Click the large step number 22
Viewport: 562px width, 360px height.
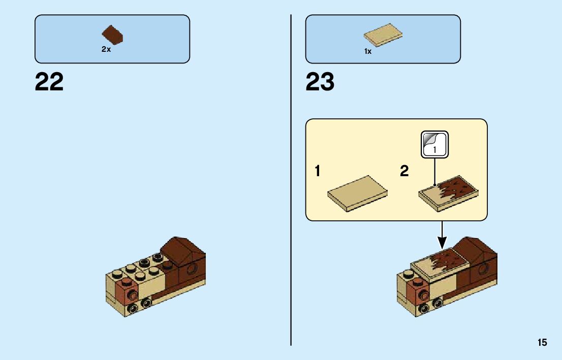[49, 82]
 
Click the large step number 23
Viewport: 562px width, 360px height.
[320, 82]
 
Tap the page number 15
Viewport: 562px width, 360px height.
[542, 343]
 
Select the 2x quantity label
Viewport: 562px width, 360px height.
[106, 50]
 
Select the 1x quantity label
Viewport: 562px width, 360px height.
[368, 51]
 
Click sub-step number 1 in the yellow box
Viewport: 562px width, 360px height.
[318, 172]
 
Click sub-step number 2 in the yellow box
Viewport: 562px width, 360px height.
[404, 172]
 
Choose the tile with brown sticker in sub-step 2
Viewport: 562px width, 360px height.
[449, 193]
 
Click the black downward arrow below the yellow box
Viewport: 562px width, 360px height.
[442, 233]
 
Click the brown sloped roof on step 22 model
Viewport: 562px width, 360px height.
[182, 250]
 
